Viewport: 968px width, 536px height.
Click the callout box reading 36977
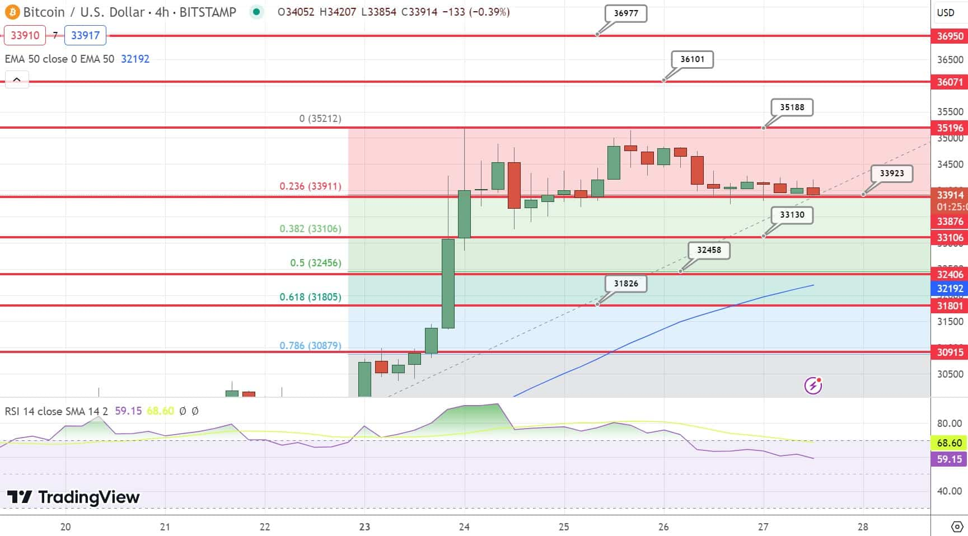click(x=626, y=13)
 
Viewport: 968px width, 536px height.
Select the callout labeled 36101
click(x=692, y=59)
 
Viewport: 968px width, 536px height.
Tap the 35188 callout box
click(x=792, y=107)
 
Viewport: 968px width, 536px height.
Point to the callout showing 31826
click(x=626, y=284)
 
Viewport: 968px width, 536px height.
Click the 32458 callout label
click(x=709, y=250)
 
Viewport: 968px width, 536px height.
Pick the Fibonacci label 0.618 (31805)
click(x=310, y=297)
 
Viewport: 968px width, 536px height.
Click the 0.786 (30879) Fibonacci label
click(x=310, y=346)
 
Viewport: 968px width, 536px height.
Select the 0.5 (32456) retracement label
click(x=315, y=263)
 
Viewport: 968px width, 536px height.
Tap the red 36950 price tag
click(x=950, y=36)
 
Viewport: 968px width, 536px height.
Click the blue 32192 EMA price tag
click(x=950, y=289)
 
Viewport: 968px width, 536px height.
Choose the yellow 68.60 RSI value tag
click(x=950, y=443)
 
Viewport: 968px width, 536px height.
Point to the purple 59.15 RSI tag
click(x=950, y=459)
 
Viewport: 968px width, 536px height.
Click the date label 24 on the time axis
click(x=464, y=526)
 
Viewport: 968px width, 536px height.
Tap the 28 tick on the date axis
click(x=863, y=526)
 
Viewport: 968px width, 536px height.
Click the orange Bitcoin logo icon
click(x=12, y=12)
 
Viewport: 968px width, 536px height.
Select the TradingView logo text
click(x=73, y=497)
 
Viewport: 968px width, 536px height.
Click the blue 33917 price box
click(x=85, y=35)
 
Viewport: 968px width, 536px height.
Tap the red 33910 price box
click(x=25, y=35)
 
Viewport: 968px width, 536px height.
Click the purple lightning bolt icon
click(x=813, y=385)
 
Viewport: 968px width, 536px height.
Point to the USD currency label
click(x=946, y=12)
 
